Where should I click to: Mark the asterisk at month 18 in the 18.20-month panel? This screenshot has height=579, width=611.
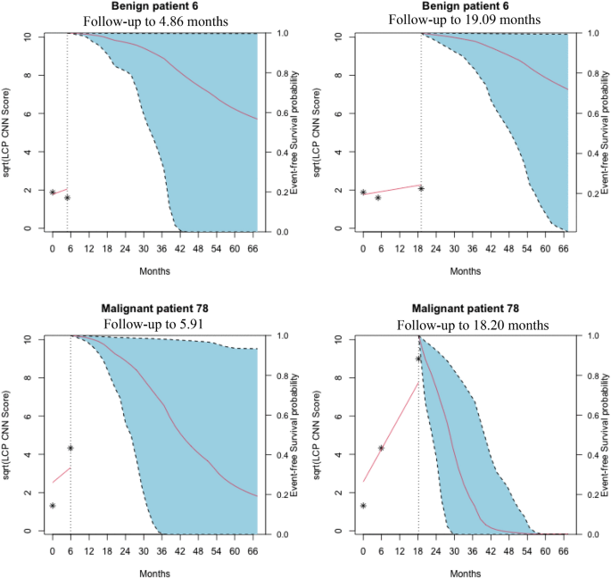click(x=417, y=359)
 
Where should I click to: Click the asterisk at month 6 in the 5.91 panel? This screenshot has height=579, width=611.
click(x=70, y=448)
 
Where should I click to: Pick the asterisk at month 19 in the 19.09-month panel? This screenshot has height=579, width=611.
click(x=420, y=188)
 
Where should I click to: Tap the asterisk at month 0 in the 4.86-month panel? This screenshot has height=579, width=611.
click(x=53, y=192)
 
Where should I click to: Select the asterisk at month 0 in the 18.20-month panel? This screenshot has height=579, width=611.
click(x=363, y=506)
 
